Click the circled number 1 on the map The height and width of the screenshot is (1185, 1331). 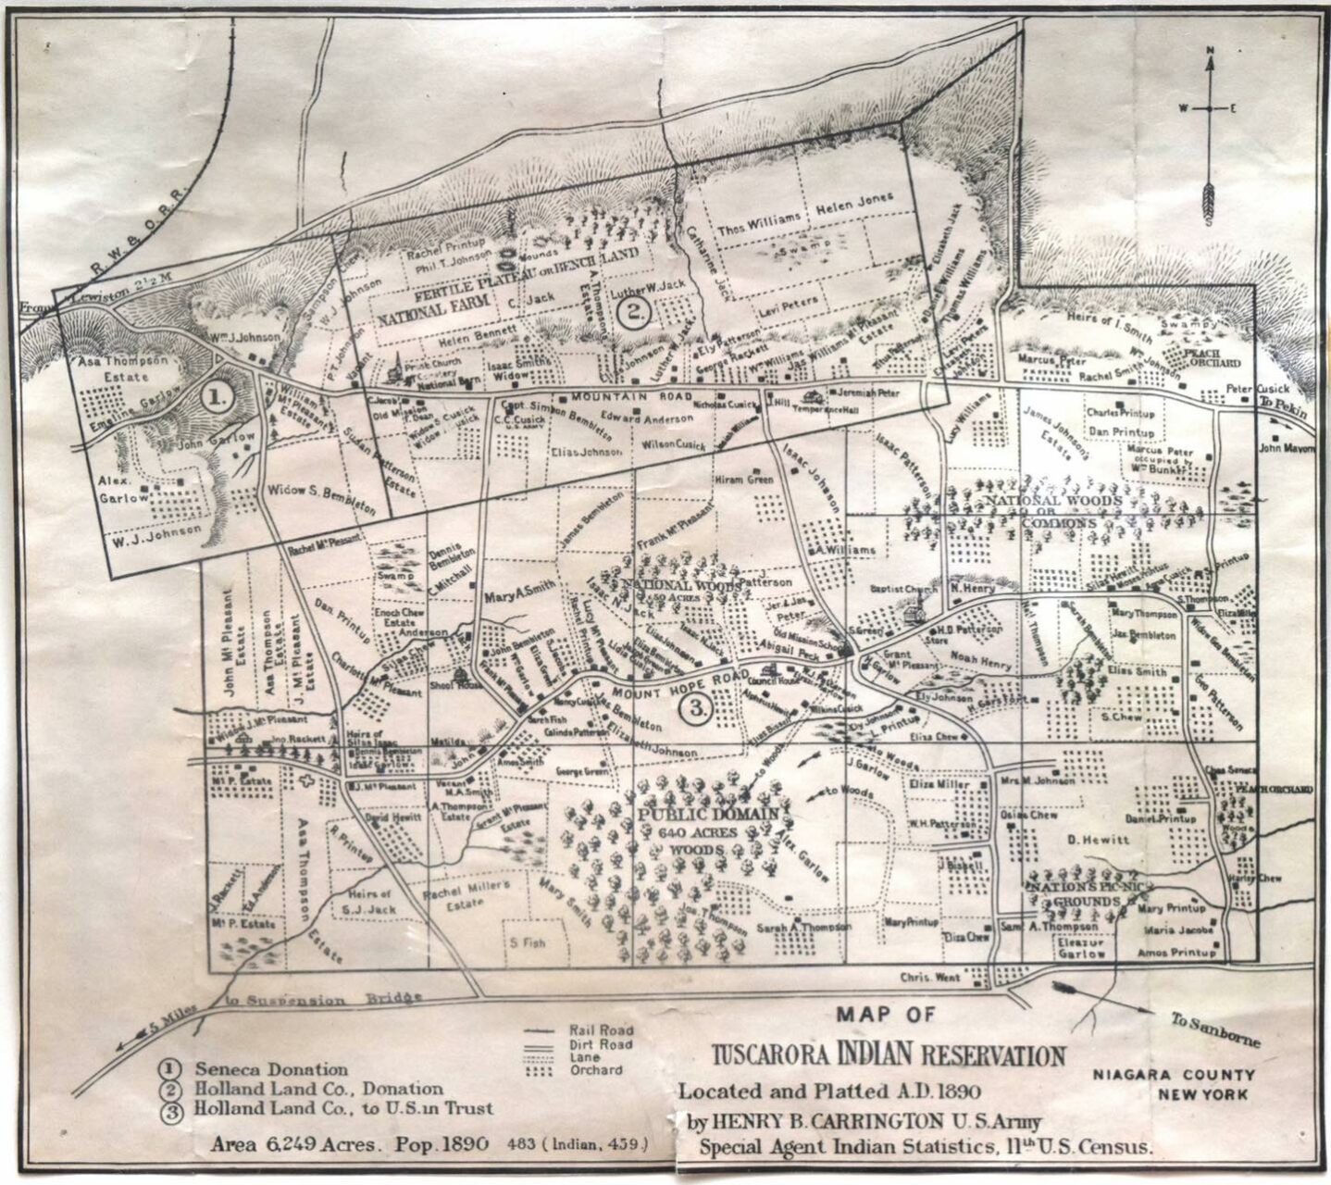[216, 398]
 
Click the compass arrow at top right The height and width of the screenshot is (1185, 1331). [1208, 139]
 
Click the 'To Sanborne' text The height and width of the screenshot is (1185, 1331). [1216, 1029]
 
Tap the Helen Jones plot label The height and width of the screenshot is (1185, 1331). [854, 200]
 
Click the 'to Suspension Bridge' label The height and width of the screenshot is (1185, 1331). [324, 1001]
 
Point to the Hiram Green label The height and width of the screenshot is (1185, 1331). [743, 480]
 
